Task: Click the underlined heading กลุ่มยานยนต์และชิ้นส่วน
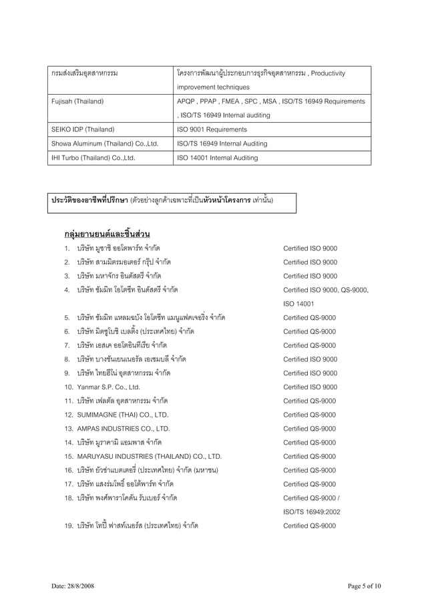coord(107,234)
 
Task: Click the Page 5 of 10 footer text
coord(364,586)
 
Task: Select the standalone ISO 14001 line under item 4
coord(298,303)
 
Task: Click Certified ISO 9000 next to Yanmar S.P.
coord(310,387)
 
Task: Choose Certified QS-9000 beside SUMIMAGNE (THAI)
coord(309,415)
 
